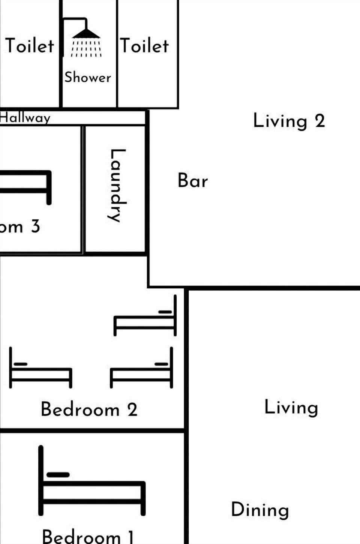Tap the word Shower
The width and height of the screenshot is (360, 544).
pos(88,77)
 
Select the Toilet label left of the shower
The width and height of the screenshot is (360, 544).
pos(30,46)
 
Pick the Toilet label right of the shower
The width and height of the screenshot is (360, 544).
pos(144,46)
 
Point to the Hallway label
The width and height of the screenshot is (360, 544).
pos(25,118)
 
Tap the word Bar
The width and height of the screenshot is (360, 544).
pos(192,181)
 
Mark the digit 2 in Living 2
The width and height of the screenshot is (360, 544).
pos(319,121)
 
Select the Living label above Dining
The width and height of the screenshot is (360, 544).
pos(291,408)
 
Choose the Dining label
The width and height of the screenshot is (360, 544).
pos(260,510)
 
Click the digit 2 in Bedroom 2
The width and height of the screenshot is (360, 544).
pos(132,409)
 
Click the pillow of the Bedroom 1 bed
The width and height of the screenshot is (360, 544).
pos(58,475)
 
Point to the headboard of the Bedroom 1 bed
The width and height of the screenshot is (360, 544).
pos(41,480)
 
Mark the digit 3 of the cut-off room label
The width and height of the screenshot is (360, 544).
pos(35,226)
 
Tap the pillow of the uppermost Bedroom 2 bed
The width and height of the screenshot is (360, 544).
pos(165,312)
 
